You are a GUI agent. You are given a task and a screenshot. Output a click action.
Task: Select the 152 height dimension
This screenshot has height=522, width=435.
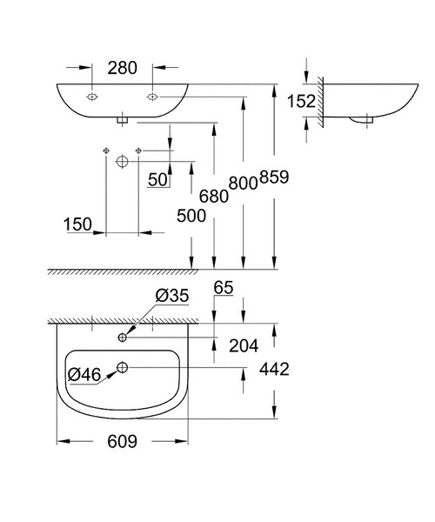coord(301,101)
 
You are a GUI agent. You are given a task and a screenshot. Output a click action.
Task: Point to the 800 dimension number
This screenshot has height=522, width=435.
coord(243,182)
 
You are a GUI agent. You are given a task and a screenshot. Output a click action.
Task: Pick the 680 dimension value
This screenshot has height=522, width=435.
coord(214,196)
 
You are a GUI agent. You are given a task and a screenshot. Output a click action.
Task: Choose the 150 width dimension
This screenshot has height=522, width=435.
coord(78,224)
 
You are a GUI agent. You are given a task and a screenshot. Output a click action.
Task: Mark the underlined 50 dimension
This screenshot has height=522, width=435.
coord(157,179)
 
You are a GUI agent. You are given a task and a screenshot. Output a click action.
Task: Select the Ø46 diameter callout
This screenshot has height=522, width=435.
coord(84,374)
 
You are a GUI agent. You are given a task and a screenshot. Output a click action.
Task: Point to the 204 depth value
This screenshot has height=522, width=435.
coord(244,346)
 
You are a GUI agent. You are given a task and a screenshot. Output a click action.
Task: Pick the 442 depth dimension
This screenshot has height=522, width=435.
coord(273,369)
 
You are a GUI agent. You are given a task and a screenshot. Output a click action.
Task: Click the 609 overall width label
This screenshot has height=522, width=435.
coord(122,442)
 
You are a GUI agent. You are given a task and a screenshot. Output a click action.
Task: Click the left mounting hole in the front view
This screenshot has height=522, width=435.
coord(93,95)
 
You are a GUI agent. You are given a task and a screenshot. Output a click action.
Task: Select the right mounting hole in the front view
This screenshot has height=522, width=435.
coord(152,95)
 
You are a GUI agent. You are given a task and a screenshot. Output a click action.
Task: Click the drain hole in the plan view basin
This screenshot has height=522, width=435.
coord(122,368)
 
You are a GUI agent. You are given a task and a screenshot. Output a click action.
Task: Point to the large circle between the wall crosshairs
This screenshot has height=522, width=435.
coord(122,162)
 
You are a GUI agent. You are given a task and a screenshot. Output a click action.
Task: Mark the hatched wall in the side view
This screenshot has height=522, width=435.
coord(320,101)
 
